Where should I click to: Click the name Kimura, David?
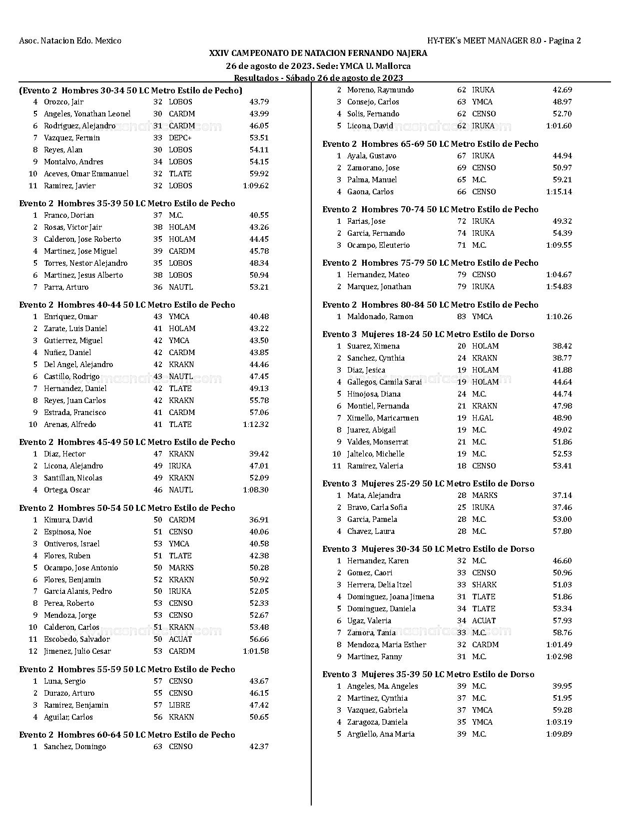(x=68, y=520)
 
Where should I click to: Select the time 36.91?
(x=259, y=520)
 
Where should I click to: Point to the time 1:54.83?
(x=559, y=287)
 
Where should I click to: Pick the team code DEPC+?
(x=180, y=138)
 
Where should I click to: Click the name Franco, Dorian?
(x=69, y=215)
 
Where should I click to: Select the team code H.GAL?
(x=483, y=418)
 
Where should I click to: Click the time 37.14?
(x=562, y=495)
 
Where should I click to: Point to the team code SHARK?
(x=484, y=585)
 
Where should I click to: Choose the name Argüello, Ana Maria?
(x=381, y=734)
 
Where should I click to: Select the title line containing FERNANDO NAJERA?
(x=318, y=53)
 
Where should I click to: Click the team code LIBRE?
(x=179, y=705)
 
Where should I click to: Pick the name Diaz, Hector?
(x=64, y=454)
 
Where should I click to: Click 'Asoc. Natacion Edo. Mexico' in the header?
(x=70, y=41)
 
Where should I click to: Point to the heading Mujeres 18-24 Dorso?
(x=428, y=334)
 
